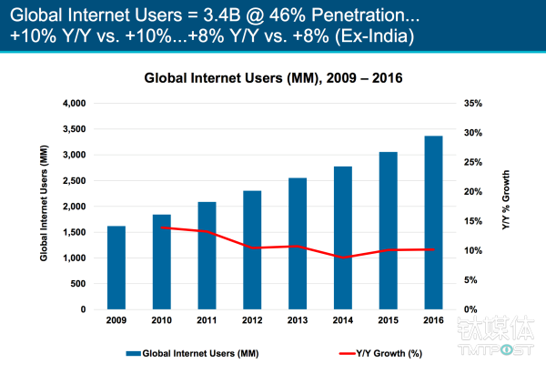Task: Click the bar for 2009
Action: (116, 268)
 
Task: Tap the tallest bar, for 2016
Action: (432, 223)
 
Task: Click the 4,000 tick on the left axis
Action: (74, 103)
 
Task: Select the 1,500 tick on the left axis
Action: (74, 232)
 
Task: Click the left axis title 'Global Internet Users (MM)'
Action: (43, 206)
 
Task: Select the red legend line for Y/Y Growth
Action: (351, 351)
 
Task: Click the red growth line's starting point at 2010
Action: (162, 227)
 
